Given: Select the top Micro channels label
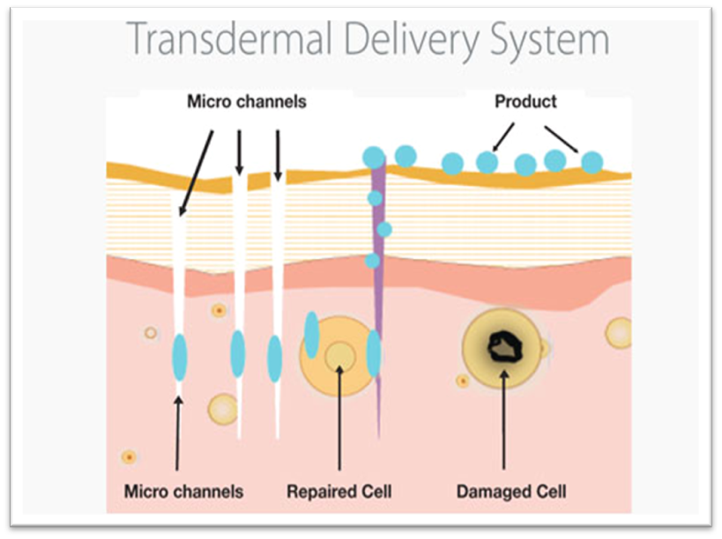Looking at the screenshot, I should point(247,102).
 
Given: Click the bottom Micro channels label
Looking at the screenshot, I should point(183,490).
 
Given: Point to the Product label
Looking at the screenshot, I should point(525,102).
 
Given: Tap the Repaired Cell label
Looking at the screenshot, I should point(339,490).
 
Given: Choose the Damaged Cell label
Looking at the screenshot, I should point(511,490).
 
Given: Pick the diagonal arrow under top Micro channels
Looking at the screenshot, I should point(197,172).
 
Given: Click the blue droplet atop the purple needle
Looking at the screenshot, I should point(374,157).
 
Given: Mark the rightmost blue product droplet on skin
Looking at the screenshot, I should point(592,162).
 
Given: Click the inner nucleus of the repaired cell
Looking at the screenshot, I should point(339,356).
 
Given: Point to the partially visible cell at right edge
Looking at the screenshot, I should point(620,332).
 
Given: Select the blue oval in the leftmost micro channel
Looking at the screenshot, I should point(180,356).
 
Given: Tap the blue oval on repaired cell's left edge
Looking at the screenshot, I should point(311,335).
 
